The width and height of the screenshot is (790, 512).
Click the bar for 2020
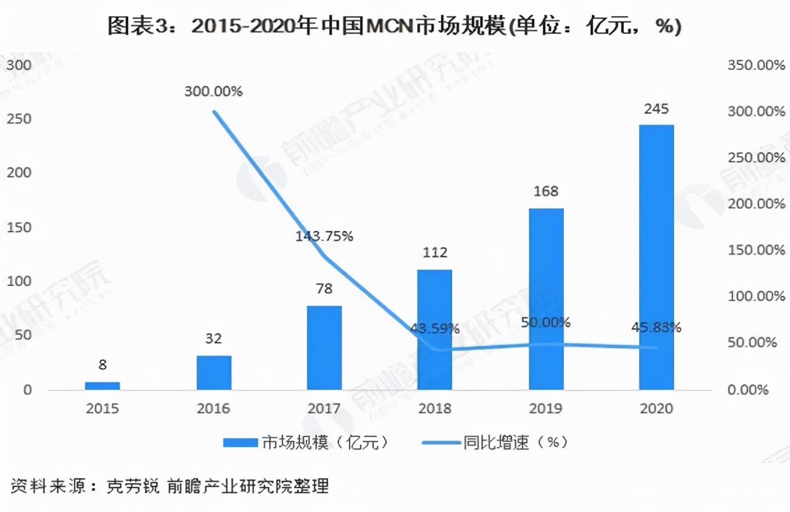tap(656, 257)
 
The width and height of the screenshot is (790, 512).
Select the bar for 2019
tap(546, 299)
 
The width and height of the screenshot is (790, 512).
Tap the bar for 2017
tap(324, 347)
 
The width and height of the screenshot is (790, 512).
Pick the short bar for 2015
tap(102, 386)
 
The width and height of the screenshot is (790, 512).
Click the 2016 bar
tap(214, 373)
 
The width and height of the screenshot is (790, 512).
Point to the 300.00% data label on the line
tap(213, 91)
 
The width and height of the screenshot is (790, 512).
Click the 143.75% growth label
tap(324, 236)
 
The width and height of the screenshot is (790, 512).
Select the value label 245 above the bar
tap(656, 109)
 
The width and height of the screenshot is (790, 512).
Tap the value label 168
tap(546, 192)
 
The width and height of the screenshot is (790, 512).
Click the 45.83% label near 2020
tap(656, 327)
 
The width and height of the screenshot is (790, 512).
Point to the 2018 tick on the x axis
tap(435, 408)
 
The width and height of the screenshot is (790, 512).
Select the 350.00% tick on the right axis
tap(756, 65)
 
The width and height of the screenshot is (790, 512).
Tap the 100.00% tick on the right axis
tap(756, 297)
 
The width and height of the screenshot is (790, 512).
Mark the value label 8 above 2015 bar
tap(102, 365)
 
